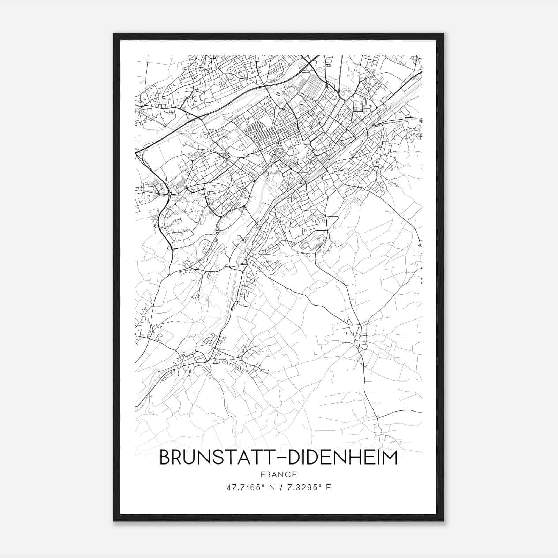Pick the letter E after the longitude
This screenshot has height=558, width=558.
(328, 487)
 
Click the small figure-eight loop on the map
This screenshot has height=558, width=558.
(278, 94)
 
